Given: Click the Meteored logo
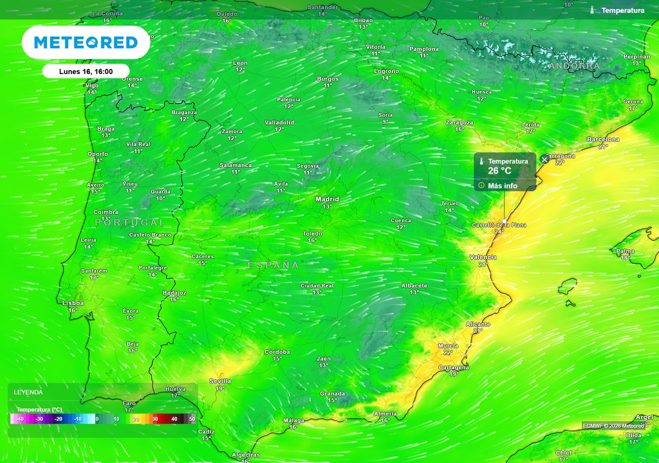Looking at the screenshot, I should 86,42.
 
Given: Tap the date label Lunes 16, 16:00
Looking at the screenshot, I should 86,71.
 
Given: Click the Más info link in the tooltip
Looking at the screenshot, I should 502,186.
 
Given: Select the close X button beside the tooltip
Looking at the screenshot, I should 544,159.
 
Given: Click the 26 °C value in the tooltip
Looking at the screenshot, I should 499,171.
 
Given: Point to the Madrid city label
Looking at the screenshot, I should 327,199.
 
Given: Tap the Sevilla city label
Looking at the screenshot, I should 220,381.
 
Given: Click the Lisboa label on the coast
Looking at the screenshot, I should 73,302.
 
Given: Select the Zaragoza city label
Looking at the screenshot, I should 459,122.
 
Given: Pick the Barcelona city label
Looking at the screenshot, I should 603,140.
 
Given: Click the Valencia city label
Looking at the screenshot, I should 483,257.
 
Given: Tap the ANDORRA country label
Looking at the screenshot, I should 575,66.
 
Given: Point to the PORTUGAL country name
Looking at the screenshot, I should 130,222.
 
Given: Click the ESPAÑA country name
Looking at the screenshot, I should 274,265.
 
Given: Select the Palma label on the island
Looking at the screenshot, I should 625,251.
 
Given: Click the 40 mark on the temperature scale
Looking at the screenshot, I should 174,419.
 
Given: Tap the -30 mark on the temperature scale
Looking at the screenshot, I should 39,419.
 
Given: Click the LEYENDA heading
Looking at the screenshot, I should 28,392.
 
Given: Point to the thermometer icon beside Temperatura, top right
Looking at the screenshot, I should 592,10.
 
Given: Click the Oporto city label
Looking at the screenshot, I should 98,154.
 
